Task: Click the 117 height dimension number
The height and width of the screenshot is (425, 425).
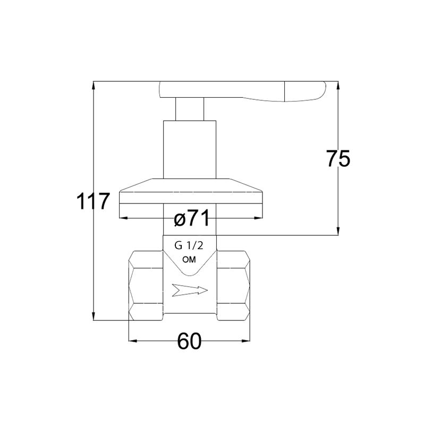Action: (x=93, y=201)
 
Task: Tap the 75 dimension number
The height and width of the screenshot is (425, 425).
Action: (x=338, y=158)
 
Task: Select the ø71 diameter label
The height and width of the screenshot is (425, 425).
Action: (x=192, y=218)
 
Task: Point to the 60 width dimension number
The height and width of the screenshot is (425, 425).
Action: (x=189, y=341)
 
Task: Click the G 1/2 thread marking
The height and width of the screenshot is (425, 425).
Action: (x=189, y=246)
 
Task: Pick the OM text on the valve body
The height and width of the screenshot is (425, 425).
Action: (x=189, y=260)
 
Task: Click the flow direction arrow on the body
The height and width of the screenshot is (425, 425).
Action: (x=190, y=290)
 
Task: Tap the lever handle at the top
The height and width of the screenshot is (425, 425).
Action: (x=242, y=91)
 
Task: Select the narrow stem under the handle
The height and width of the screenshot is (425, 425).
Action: (x=190, y=109)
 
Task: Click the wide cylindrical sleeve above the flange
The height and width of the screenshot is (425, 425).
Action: (x=190, y=150)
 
